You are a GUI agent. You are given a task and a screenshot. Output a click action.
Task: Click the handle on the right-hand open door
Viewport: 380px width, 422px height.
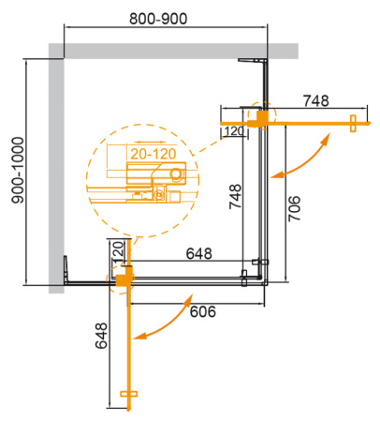pos(352,121)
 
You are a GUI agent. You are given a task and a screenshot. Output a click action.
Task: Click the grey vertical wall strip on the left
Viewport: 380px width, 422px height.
pos(53,169)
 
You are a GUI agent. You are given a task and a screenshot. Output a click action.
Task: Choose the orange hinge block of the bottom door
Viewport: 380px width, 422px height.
pos(124,278)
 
